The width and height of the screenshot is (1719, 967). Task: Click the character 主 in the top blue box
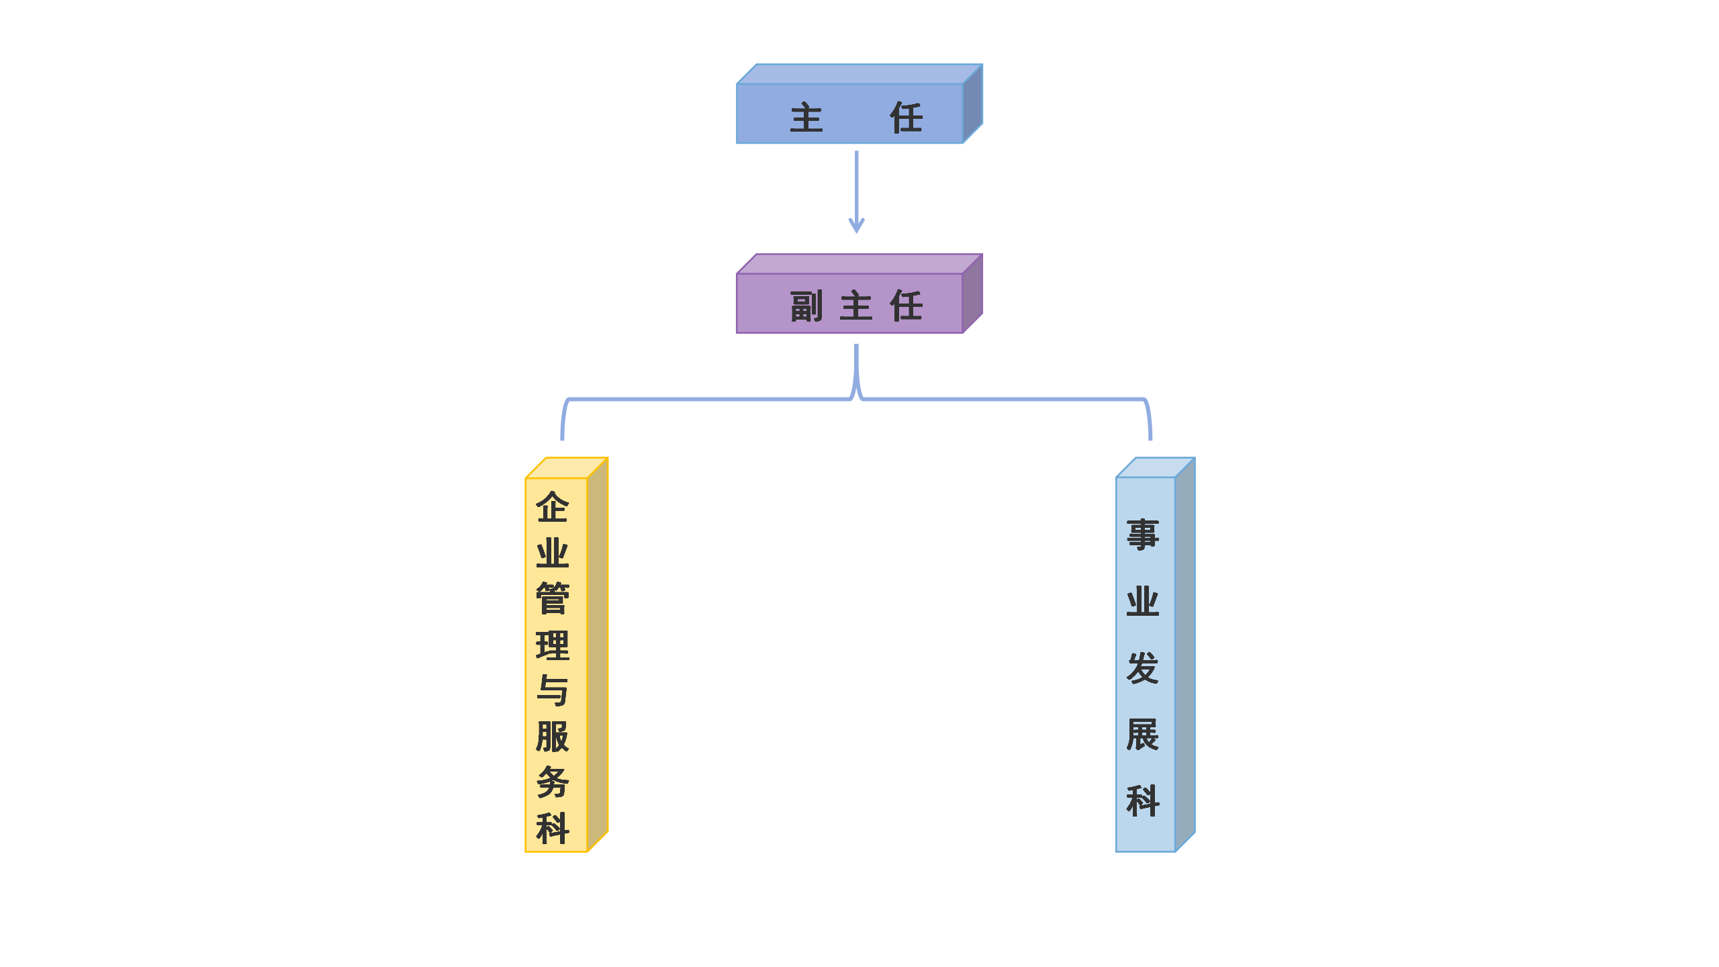pyautogui.click(x=806, y=118)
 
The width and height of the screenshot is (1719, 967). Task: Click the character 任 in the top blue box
pyautogui.click(x=907, y=118)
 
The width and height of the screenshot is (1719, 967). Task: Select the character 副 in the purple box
pyautogui.click(x=806, y=307)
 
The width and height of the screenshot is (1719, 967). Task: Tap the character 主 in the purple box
pyautogui.click(x=856, y=307)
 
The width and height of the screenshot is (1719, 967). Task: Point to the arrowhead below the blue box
pyautogui.click(x=856, y=226)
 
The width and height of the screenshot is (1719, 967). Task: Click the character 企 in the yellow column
pyautogui.click(x=553, y=508)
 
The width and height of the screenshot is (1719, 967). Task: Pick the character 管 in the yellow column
pyautogui.click(x=553, y=599)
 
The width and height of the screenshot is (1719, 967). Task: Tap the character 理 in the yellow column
pyautogui.click(x=553, y=645)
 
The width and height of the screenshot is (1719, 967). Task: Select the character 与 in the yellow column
pyautogui.click(x=553, y=691)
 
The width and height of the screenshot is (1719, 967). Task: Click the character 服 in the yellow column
pyautogui.click(x=553, y=737)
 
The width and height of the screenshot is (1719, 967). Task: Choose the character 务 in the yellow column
pyautogui.click(x=553, y=782)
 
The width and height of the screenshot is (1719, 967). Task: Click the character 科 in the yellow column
pyautogui.click(x=553, y=828)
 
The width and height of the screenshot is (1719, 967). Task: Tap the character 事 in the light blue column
pyautogui.click(x=1143, y=535)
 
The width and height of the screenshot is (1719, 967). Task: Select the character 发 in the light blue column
pyautogui.click(x=1143, y=667)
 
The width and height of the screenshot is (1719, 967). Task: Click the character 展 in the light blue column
pyautogui.click(x=1143, y=734)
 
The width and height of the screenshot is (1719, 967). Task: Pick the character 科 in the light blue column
pyautogui.click(x=1143, y=800)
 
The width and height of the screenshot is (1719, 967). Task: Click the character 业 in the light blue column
pyautogui.click(x=1143, y=602)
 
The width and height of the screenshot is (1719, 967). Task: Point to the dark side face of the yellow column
pyautogui.click(x=598, y=655)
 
